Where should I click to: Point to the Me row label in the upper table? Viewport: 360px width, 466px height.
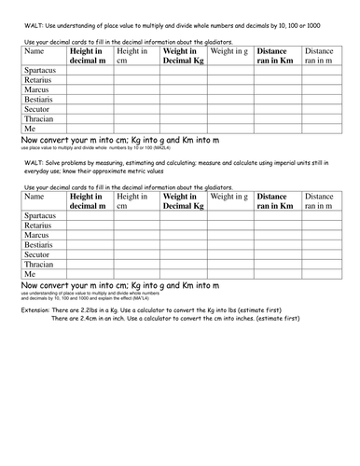(30, 131)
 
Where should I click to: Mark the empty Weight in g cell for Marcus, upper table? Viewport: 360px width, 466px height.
(229, 91)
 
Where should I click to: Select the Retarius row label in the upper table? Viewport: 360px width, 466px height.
(38, 81)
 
